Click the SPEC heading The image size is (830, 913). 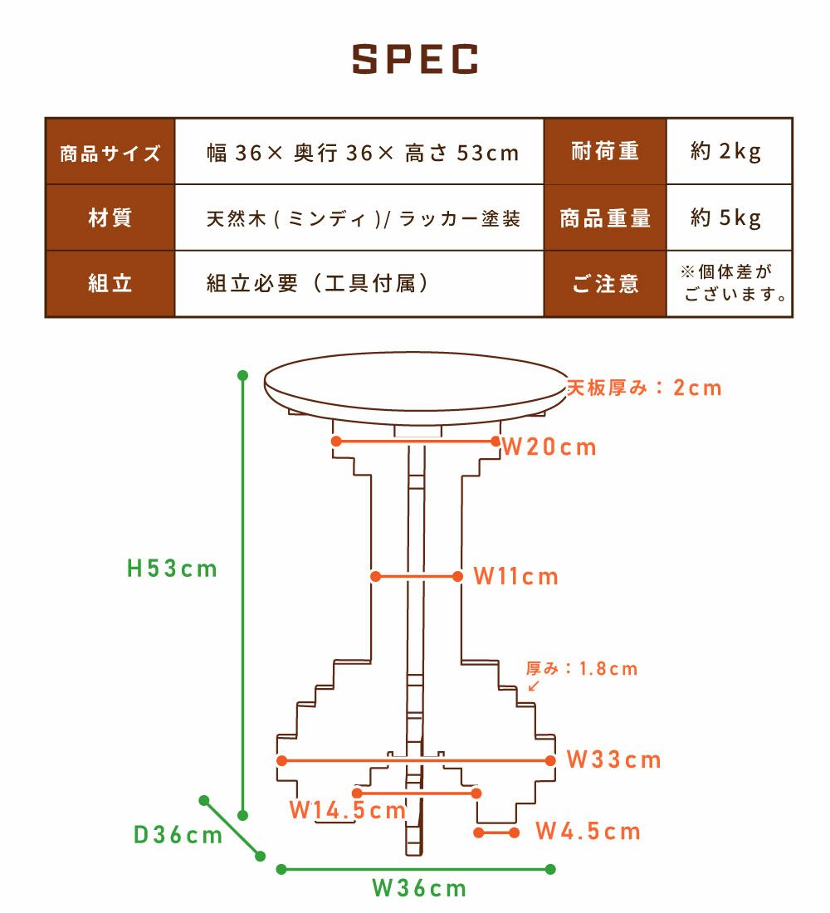click(x=415, y=59)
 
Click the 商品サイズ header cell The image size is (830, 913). click(x=110, y=151)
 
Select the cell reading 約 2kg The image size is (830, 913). click(x=729, y=151)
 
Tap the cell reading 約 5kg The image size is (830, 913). click(x=729, y=217)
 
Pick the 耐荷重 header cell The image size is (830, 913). click(x=604, y=151)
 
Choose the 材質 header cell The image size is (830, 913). click(x=110, y=217)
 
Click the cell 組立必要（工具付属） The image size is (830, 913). click(x=359, y=284)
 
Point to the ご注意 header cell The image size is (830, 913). click(x=604, y=284)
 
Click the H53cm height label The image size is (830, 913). click(x=172, y=569)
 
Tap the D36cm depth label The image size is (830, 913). click(x=178, y=835)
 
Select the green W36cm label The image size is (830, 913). click(x=419, y=889)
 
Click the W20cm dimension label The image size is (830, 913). click(x=549, y=447)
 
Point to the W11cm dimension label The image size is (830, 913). click(x=516, y=577)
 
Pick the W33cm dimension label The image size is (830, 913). click(x=614, y=759)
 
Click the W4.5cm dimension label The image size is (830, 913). click(x=588, y=832)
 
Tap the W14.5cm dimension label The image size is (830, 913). click(x=348, y=810)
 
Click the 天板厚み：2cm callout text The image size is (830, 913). click(x=644, y=388)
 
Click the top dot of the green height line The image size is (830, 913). click(x=243, y=375)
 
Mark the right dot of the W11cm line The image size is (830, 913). click(x=458, y=577)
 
